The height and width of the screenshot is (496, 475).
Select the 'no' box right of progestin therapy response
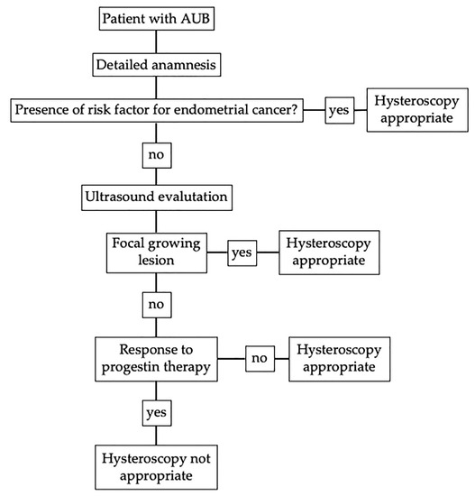pos(260,359)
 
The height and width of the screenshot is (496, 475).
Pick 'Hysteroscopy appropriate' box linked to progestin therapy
pos(336,358)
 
